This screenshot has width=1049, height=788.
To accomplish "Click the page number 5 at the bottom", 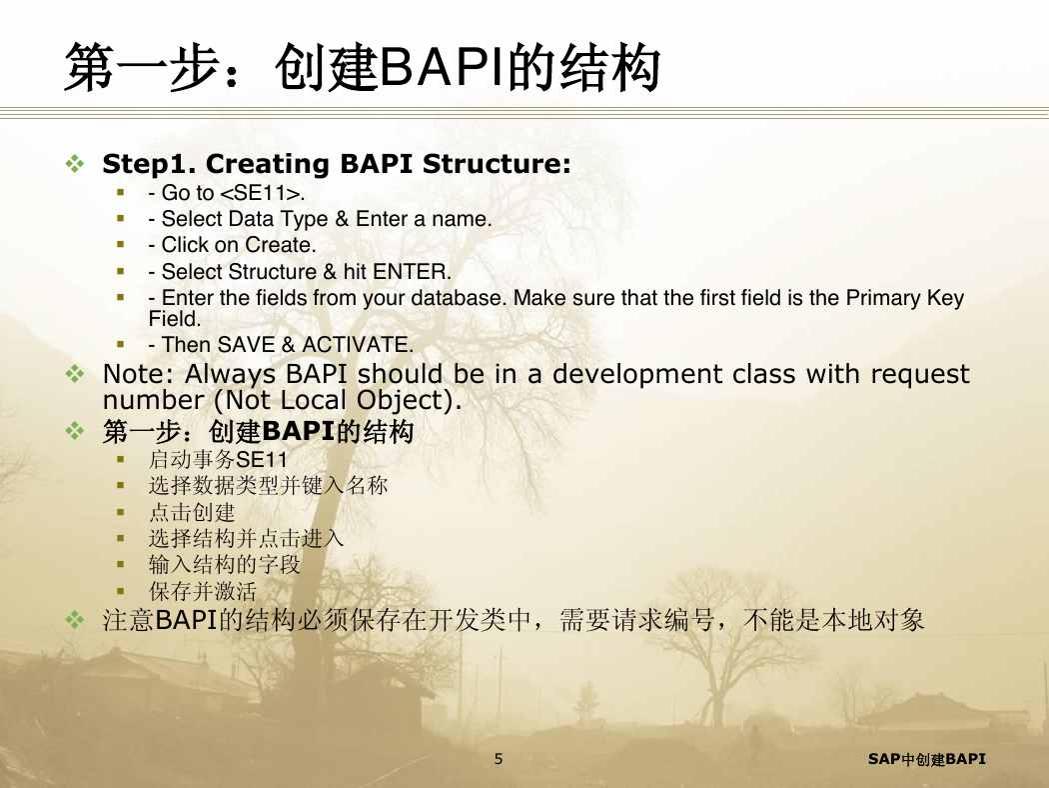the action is click(499, 759).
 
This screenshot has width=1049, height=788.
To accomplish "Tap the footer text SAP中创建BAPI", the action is click(926, 759).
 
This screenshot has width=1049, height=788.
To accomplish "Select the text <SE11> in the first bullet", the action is click(262, 193).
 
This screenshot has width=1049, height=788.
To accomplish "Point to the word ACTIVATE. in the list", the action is click(358, 345).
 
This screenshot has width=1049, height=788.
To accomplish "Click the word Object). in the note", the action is click(409, 400).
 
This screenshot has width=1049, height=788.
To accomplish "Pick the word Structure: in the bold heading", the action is click(498, 164).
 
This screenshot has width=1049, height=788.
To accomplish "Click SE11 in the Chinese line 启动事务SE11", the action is click(262, 460).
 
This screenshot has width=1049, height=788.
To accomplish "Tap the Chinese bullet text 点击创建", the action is click(192, 512).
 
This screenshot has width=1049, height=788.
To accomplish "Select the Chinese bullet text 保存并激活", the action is click(203, 591).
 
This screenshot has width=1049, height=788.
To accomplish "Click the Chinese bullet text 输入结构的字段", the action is click(224, 564).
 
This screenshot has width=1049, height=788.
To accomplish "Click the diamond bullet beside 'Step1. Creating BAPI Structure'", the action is click(75, 163).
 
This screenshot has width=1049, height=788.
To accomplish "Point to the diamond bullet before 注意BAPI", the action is click(75, 620).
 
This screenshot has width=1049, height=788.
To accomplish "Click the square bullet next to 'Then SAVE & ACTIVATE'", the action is click(121, 344).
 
